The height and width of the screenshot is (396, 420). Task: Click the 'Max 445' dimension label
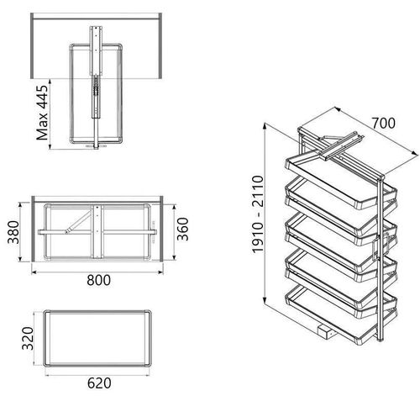pyautogui.click(x=42, y=113)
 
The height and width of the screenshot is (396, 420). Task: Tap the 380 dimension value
pyautogui.click(x=13, y=232)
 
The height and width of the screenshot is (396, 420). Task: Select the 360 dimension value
pyautogui.click(x=183, y=229)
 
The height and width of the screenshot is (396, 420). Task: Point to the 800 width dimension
pyautogui.click(x=98, y=280)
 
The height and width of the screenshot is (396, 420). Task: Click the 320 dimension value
pyautogui.click(x=28, y=338)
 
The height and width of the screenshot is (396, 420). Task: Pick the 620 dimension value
pyautogui.click(x=99, y=383)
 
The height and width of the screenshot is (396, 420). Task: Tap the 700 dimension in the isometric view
pyautogui.click(x=383, y=123)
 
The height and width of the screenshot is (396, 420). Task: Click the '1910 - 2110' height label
pyautogui.click(x=258, y=214)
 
